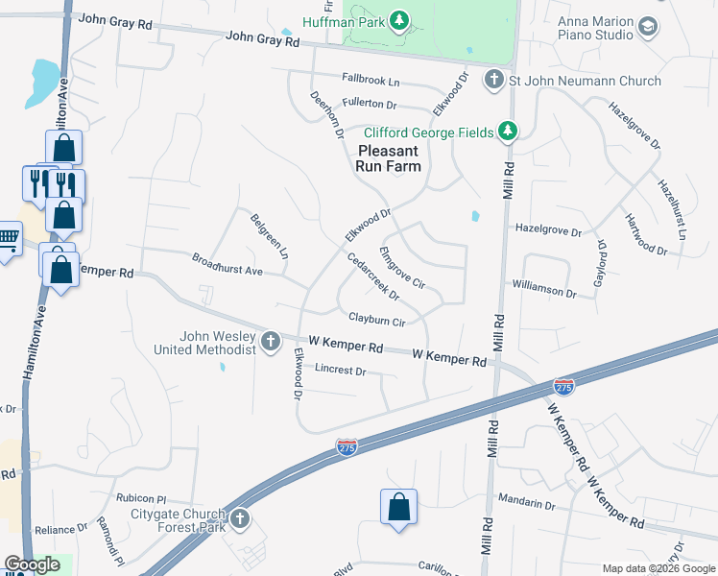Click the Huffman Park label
point(343,21)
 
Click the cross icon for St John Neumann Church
point(493,80)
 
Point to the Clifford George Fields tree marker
point(508,132)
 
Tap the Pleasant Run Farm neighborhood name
point(389,158)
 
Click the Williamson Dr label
point(543,287)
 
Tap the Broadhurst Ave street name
point(227,265)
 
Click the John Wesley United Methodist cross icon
point(272,341)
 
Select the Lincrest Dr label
point(341,370)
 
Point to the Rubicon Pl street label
point(141,499)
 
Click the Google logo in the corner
point(32,564)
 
